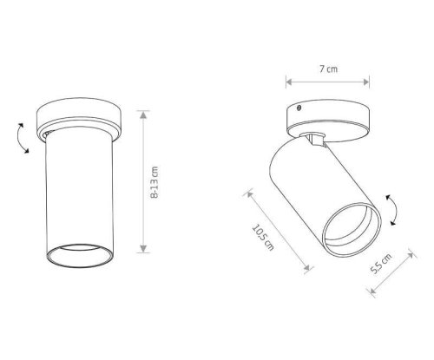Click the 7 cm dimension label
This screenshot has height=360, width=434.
(x=328, y=69)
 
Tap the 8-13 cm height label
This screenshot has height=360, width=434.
(x=155, y=182)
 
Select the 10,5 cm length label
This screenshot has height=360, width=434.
(x=263, y=238)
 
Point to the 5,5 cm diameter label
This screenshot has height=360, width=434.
(x=381, y=264)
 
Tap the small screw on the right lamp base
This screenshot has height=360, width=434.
(x=299, y=108)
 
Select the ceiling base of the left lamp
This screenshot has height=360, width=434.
(x=79, y=119)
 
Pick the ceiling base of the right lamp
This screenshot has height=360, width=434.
(x=328, y=120)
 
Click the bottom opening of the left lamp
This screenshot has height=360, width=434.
(x=80, y=255)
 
